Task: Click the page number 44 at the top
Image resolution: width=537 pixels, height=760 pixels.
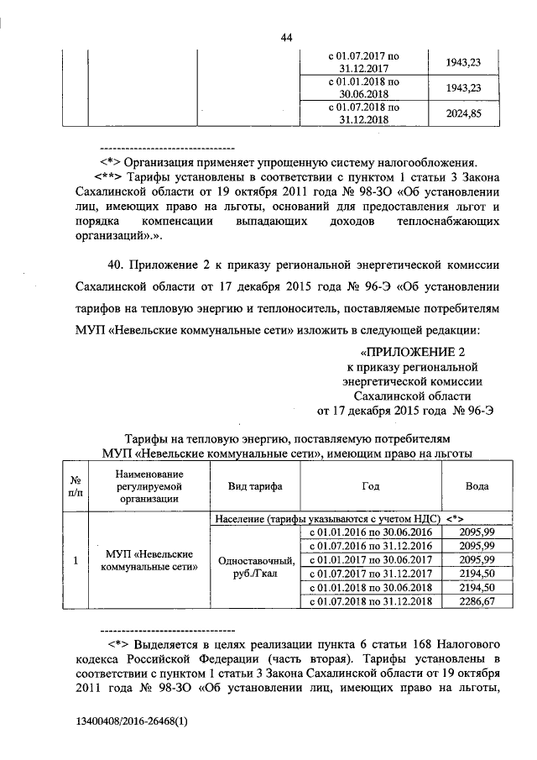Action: coord(286,37)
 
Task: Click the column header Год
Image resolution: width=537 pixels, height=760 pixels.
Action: coord(371,488)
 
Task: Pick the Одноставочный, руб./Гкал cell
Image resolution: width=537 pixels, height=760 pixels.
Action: coord(255,567)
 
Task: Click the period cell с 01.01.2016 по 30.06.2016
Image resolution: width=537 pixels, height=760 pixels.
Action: coord(371,532)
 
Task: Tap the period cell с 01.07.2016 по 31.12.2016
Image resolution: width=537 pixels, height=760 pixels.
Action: coord(371,546)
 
